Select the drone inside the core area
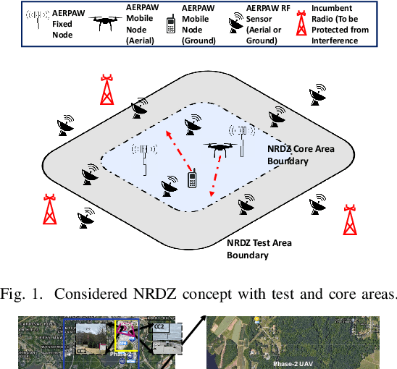pos(218,148)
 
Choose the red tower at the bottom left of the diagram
pos(49,209)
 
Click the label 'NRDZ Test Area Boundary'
pos(259,248)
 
